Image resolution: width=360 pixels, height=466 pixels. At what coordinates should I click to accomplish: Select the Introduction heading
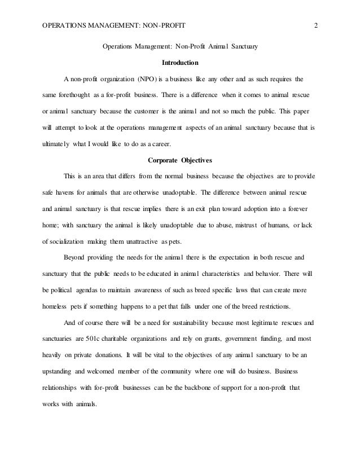pyautogui.click(x=179, y=61)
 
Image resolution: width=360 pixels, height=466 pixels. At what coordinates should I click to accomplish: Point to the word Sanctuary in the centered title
pyautogui.click(x=241, y=47)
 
